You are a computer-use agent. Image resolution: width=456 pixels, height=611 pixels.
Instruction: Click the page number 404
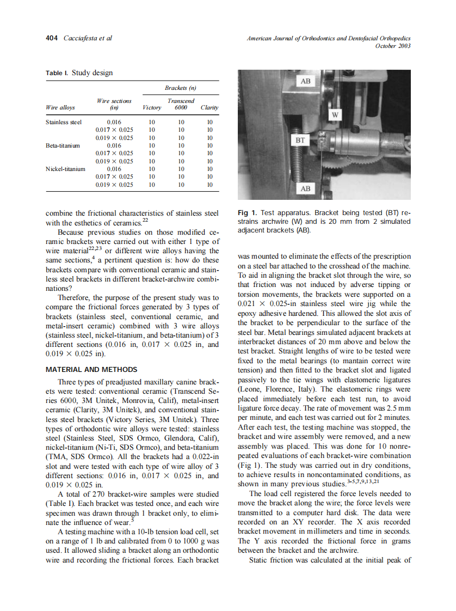(x=52, y=38)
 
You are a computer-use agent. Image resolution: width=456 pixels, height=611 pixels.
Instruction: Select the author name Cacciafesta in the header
(x=83, y=38)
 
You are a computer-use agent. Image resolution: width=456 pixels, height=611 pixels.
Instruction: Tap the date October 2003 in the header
(x=393, y=46)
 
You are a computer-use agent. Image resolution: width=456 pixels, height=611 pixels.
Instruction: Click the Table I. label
(x=57, y=73)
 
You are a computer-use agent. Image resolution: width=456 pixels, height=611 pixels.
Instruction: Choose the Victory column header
(x=151, y=108)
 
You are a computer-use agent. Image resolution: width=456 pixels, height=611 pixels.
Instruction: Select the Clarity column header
(x=209, y=108)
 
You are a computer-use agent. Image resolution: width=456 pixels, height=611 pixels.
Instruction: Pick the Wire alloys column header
(x=60, y=108)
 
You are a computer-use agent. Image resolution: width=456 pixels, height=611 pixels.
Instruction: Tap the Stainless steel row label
(x=64, y=123)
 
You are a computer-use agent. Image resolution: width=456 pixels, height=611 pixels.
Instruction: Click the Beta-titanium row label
(x=63, y=146)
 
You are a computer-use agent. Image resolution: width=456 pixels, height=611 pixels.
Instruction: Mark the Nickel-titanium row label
(x=65, y=169)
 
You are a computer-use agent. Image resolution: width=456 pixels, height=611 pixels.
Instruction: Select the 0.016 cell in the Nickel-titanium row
(x=114, y=169)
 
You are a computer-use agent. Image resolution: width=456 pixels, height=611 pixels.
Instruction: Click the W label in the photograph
(x=335, y=115)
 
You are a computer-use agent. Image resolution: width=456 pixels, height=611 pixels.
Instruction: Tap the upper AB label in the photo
(x=306, y=81)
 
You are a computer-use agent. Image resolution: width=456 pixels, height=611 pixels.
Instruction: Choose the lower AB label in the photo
(x=305, y=188)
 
